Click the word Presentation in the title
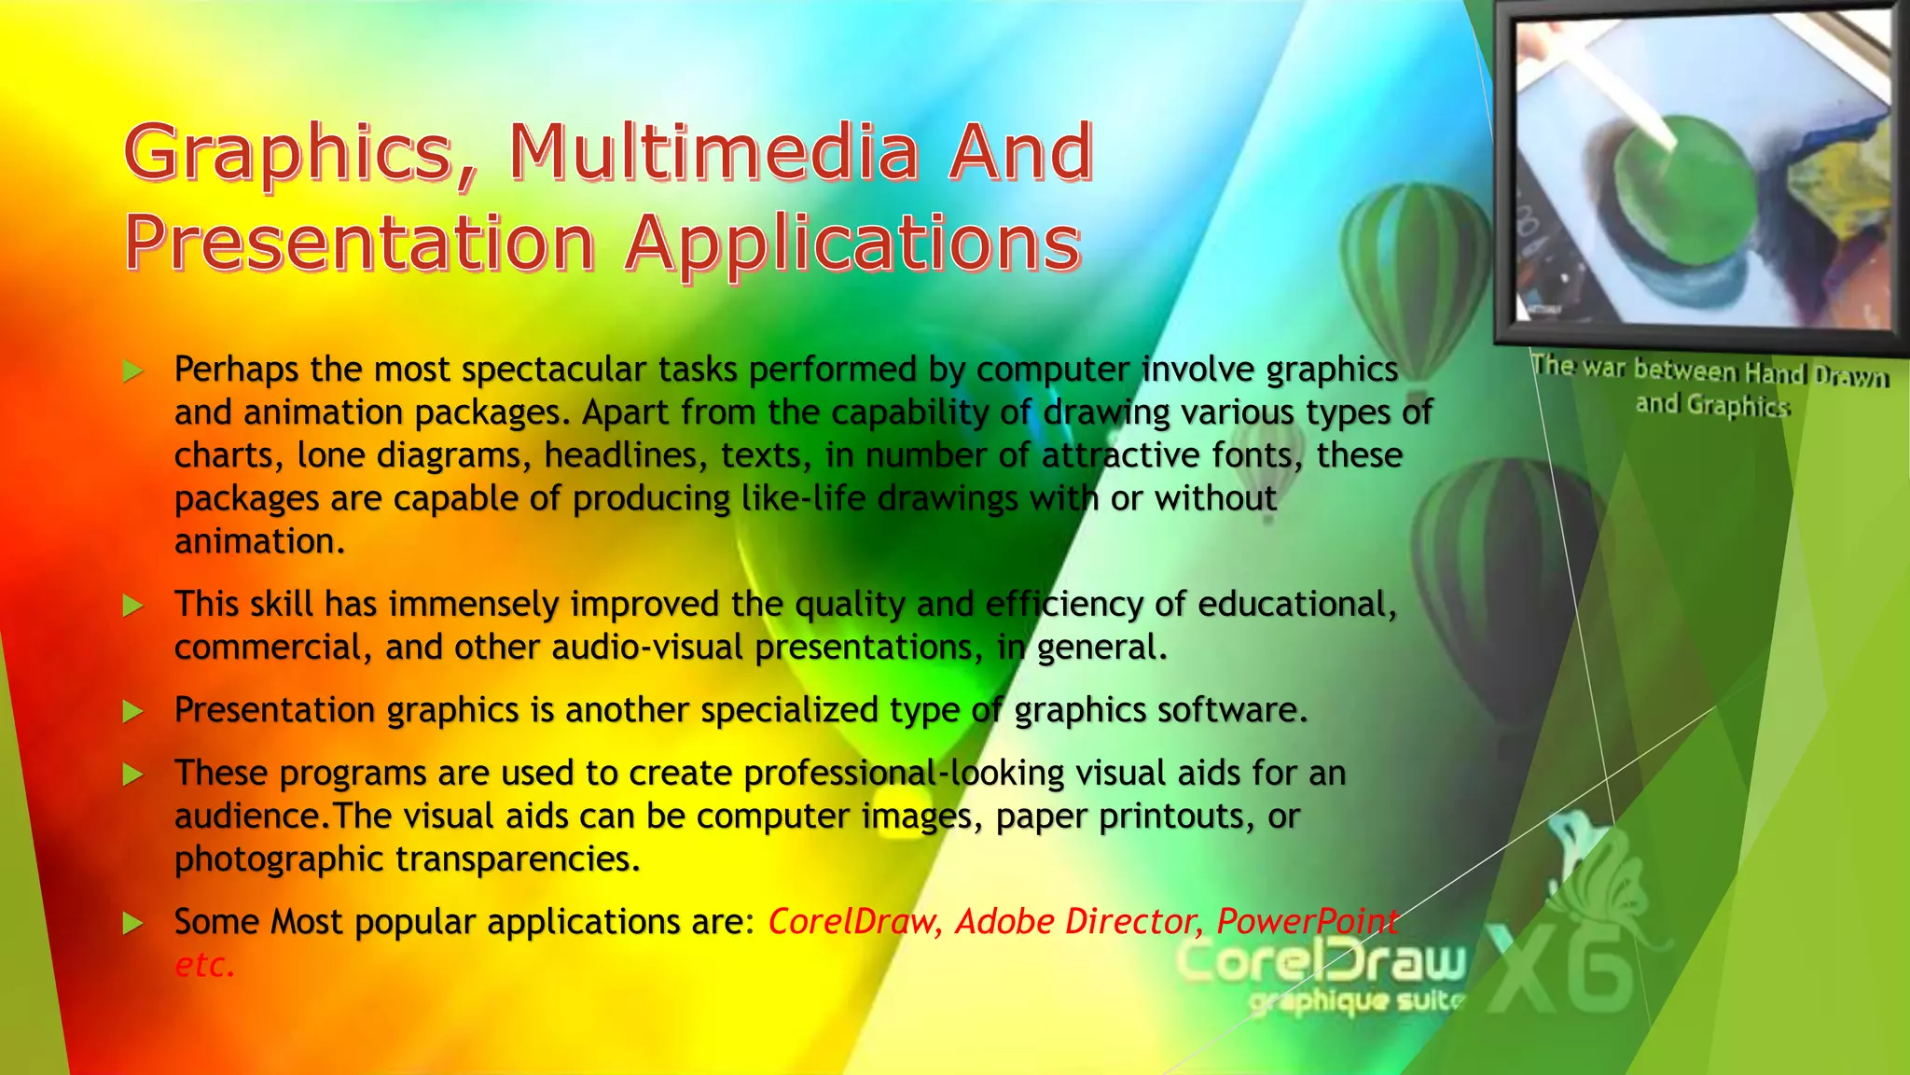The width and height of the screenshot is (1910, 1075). pyautogui.click(x=360, y=243)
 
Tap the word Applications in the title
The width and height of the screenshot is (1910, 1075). pyautogui.click(x=853, y=243)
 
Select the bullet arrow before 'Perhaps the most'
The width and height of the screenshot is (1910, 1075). pyautogui.click(x=133, y=371)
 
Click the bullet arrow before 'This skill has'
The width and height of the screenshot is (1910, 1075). pyautogui.click(x=133, y=606)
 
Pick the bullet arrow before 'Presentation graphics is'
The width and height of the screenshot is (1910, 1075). pyautogui.click(x=133, y=712)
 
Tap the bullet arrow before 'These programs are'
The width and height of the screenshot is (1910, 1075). pyautogui.click(x=133, y=775)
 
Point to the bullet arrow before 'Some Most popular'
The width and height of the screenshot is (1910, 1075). pyautogui.click(x=133, y=924)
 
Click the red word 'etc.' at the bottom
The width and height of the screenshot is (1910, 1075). pyautogui.click(x=204, y=965)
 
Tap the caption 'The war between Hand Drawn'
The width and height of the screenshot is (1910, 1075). pyautogui.click(x=1710, y=371)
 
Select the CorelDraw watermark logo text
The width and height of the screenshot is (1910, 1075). pyautogui.click(x=1321, y=961)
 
